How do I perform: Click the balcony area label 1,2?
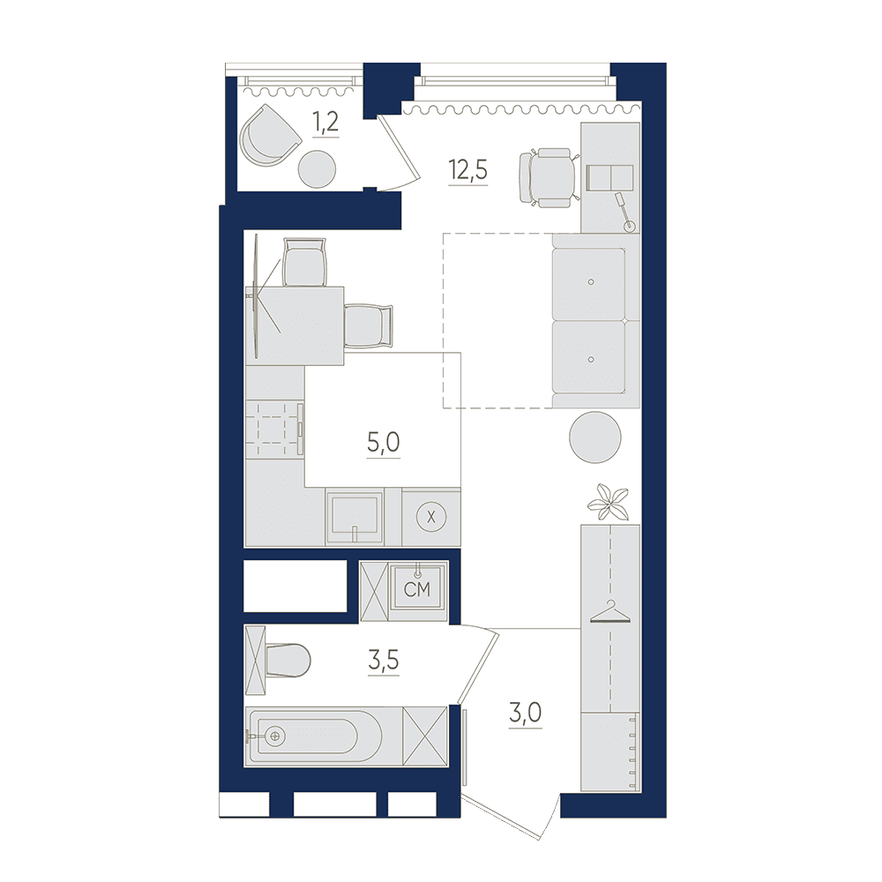tap(325, 122)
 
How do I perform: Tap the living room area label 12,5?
tap(468, 170)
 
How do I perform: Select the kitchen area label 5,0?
tap(384, 444)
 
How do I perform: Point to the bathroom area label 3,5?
tap(384, 660)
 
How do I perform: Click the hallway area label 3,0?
tap(526, 714)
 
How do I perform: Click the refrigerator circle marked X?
tap(431, 517)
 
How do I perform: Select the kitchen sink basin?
tap(355, 515)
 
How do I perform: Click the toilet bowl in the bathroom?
tap(288, 661)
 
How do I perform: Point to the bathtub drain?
tap(275, 736)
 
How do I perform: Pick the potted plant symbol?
tap(608, 501)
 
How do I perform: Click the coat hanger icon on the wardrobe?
tap(609, 613)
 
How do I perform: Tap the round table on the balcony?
tap(317, 168)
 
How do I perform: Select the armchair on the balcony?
tap(270, 136)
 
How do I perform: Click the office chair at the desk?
tap(549, 177)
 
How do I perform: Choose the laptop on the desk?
tap(609, 178)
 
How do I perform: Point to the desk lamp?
tap(625, 212)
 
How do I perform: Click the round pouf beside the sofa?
tap(595, 437)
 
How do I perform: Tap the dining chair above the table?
tap(304, 262)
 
